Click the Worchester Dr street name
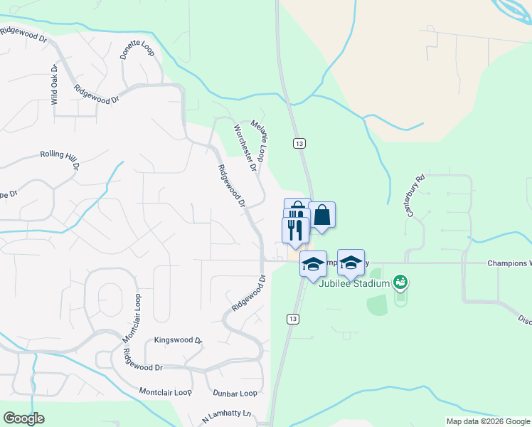pyautogui.click(x=245, y=148)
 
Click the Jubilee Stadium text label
pyautogui.click(x=353, y=283)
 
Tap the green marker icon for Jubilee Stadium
pyautogui.click(x=401, y=283)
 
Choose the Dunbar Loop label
pyautogui.click(x=235, y=393)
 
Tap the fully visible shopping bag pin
pyautogui.click(x=321, y=214)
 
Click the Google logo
pyautogui.click(x=23, y=418)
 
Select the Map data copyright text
pyautogui.click(x=487, y=421)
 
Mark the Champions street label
pyautogui.click(x=509, y=263)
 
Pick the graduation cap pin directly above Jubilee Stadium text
pyautogui.click(x=351, y=263)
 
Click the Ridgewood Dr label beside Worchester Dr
pyautogui.click(x=231, y=186)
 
